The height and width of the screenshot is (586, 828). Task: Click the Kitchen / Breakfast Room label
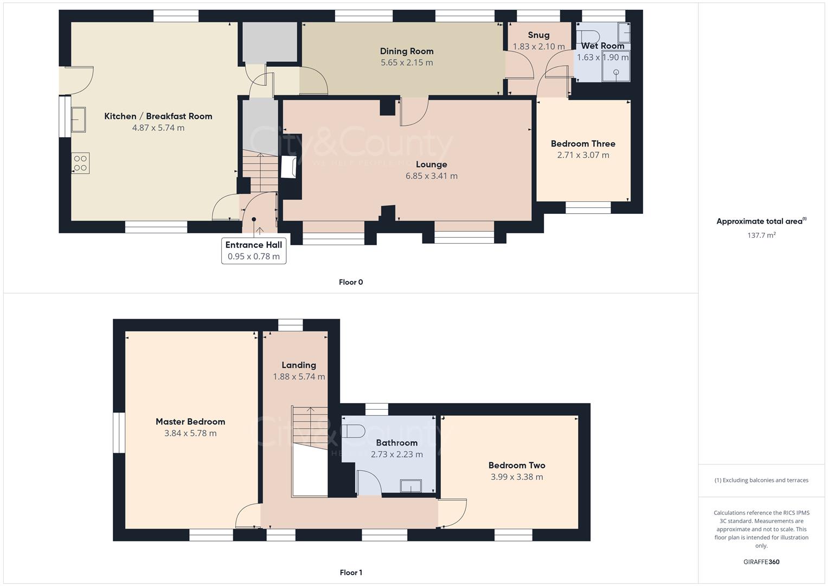(158, 116)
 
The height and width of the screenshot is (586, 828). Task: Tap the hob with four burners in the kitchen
(80, 163)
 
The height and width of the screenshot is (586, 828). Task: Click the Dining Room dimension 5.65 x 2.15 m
(407, 63)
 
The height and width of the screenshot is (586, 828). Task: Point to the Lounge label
(431, 164)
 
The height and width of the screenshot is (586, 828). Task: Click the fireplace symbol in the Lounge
(288, 167)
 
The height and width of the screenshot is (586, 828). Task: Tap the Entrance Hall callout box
(253, 251)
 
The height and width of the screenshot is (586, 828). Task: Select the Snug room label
(538, 35)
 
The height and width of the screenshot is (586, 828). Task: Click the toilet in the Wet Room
(589, 36)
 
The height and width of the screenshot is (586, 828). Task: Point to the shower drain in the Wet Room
(616, 72)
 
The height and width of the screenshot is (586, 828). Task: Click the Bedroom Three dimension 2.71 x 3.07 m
(583, 155)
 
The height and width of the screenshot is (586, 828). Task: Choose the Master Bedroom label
(190, 422)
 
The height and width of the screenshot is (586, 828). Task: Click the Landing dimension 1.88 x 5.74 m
(299, 377)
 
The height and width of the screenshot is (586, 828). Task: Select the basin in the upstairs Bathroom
(411, 486)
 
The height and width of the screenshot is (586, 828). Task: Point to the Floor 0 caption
(350, 282)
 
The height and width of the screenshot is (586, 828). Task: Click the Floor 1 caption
(350, 572)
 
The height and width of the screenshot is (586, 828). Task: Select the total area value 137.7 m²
(761, 235)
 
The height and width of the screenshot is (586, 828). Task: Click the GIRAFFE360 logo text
(761, 562)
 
